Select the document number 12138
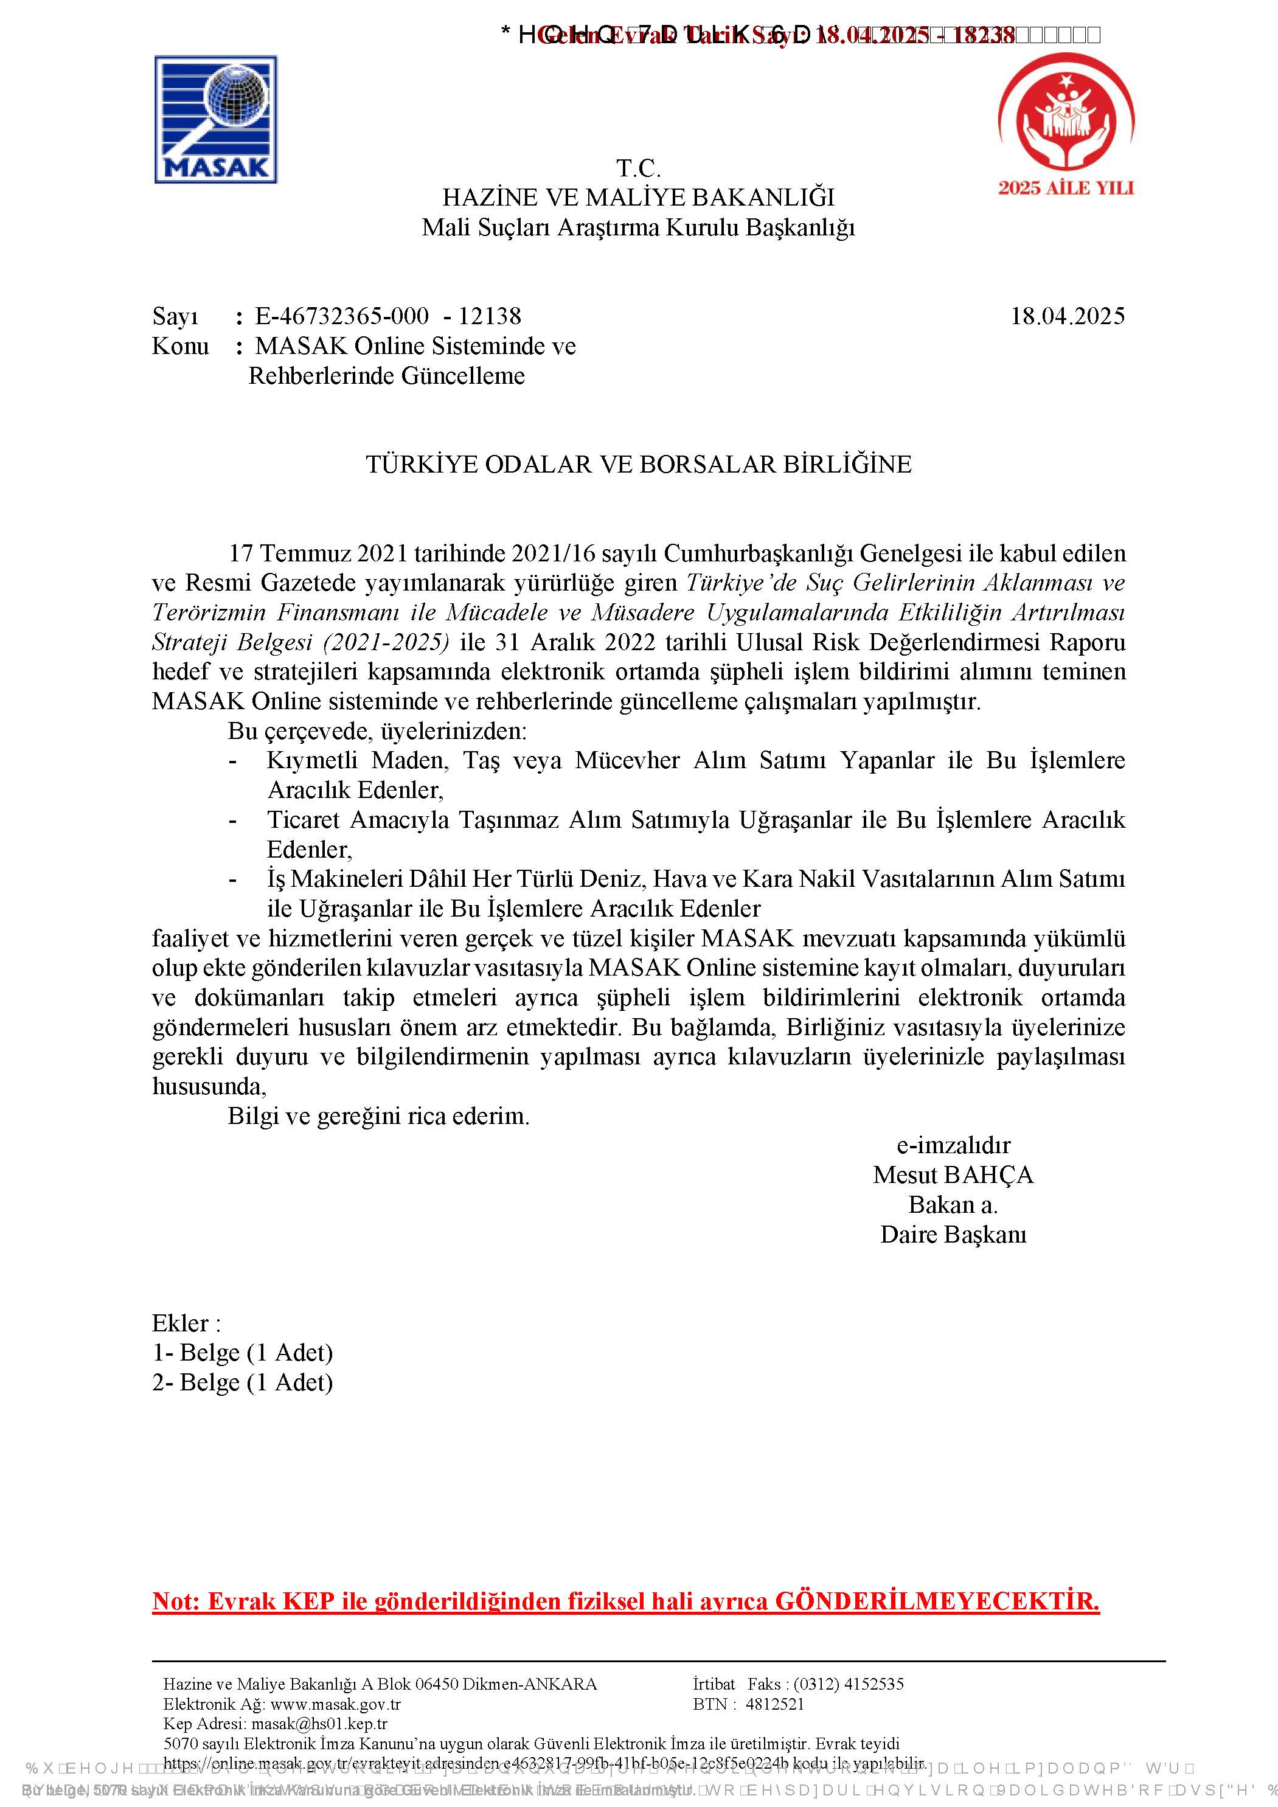point(490,316)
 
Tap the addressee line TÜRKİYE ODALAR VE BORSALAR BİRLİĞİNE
point(638,464)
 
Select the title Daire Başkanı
point(953,1234)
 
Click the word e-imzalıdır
point(953,1145)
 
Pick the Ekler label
point(186,1323)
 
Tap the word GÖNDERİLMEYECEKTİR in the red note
point(937,1601)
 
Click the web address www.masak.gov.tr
point(335,1705)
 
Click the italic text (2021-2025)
point(386,642)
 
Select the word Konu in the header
point(180,346)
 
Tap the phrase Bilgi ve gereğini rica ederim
point(378,1116)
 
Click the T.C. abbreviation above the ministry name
point(638,168)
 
